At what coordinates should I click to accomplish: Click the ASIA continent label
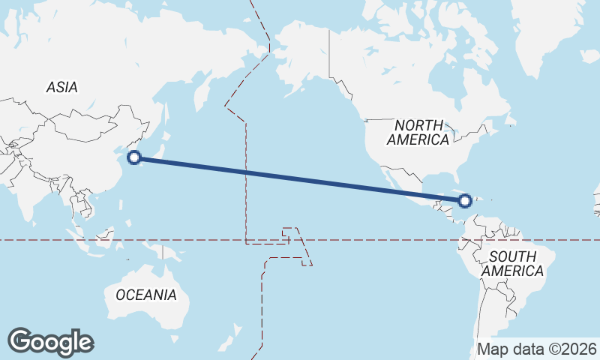(x=61, y=87)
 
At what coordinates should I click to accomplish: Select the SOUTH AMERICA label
(x=514, y=263)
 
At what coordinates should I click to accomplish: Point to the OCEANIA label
(x=146, y=295)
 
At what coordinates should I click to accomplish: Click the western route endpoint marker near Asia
(x=134, y=157)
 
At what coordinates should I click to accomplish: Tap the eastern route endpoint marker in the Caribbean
(x=465, y=200)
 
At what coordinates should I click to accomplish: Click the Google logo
(x=50, y=342)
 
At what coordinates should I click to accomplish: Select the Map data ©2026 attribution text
(x=537, y=349)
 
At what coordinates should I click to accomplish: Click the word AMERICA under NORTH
(x=419, y=139)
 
